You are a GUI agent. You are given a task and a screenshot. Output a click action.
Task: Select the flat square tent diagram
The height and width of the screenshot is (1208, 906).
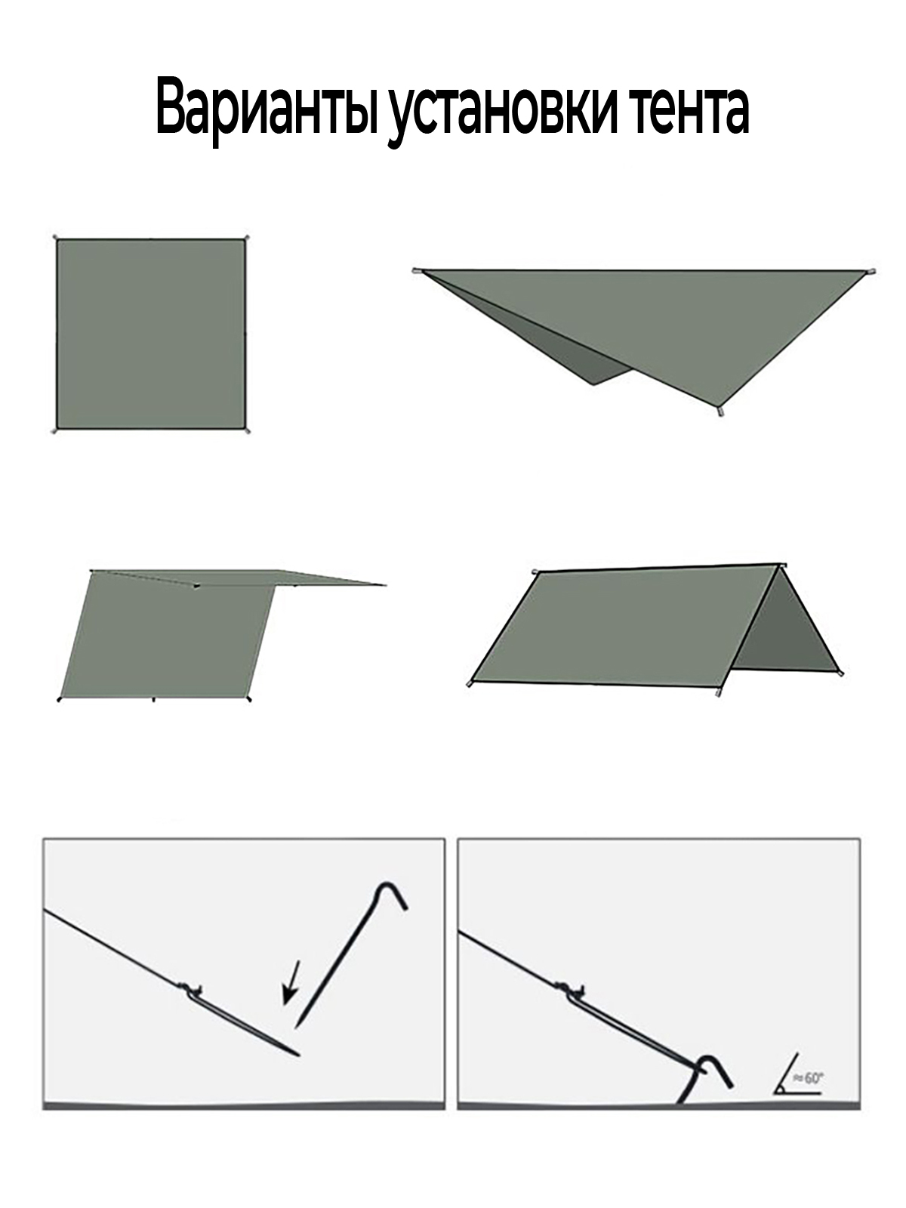(x=151, y=335)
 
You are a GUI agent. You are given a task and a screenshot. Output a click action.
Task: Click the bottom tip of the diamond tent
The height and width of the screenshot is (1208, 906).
(x=720, y=411)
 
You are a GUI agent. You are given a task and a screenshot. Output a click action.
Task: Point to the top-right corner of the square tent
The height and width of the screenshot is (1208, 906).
(x=245, y=239)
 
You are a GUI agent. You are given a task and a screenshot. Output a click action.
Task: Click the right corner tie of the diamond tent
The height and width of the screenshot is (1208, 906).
(x=871, y=271)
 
